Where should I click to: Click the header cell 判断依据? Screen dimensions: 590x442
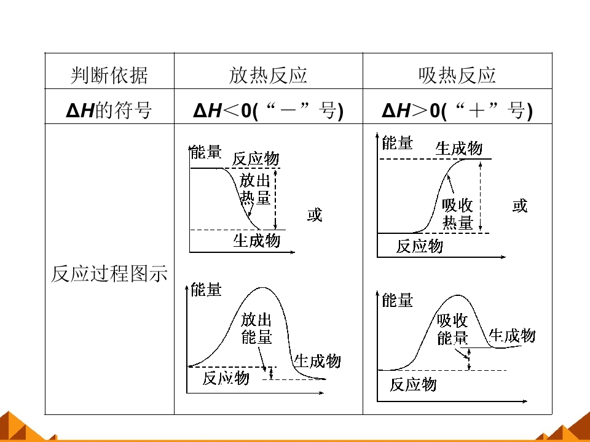[109, 75]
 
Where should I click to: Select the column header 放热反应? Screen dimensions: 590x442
[269, 75]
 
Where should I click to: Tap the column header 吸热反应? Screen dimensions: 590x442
[457, 75]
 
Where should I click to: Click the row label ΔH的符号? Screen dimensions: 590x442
[109, 110]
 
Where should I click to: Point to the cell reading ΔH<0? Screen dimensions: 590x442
[269, 110]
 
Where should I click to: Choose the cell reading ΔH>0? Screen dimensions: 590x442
[457, 110]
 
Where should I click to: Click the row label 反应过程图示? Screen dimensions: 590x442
[109, 273]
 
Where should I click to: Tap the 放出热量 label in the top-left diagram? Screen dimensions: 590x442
[255, 189]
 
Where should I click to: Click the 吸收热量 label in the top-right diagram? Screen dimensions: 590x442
[457, 214]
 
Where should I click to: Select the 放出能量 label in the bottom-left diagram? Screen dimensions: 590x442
[256, 328]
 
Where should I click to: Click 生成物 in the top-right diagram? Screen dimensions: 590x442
[458, 148]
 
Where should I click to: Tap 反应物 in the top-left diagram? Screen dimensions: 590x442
[256, 158]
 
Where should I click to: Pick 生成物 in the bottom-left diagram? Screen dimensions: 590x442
[317, 361]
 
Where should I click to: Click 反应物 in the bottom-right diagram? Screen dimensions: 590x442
[413, 384]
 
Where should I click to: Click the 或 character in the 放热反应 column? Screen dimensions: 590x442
[315, 215]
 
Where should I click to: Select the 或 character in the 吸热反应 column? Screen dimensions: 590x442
[520, 206]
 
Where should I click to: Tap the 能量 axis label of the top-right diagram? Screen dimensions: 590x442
[398, 143]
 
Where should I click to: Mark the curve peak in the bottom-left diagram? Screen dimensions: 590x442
[262, 288]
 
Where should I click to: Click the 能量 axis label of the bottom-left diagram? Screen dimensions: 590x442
[206, 290]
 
